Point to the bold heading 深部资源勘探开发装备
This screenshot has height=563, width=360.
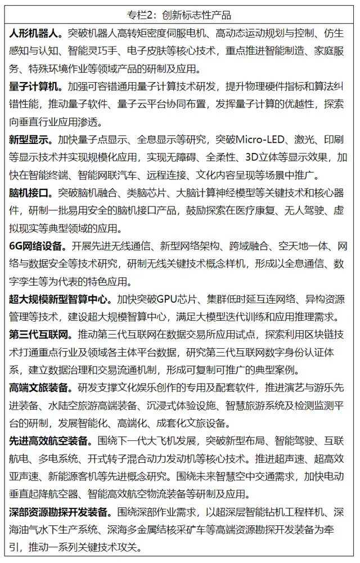pyautogui.click(x=57, y=513)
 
